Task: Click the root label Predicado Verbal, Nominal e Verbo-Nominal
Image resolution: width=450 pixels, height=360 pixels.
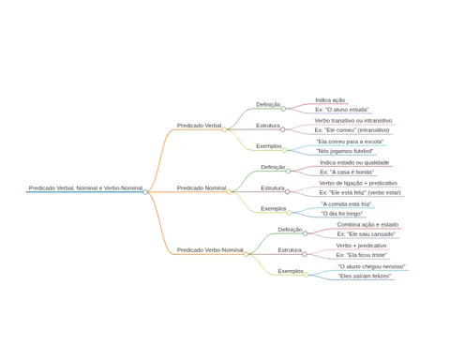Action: pyautogui.click(x=85, y=188)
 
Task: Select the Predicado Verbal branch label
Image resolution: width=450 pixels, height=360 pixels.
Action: pyautogui.click(x=199, y=126)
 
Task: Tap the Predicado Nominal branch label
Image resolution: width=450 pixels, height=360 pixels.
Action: pyautogui.click(x=202, y=188)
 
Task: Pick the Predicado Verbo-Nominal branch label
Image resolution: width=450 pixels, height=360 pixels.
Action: pyautogui.click(x=210, y=250)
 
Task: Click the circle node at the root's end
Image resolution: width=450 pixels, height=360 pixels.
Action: pyautogui.click(x=145, y=192)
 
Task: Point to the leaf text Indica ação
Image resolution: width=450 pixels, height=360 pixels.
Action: pyautogui.click(x=330, y=100)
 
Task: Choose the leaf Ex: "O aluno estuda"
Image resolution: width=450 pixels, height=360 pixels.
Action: pyautogui.click(x=342, y=110)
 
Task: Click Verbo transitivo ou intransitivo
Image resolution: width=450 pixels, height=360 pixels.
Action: pyautogui.click(x=353, y=121)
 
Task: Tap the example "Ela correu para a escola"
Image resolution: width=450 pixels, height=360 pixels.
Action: pyautogui.click(x=350, y=142)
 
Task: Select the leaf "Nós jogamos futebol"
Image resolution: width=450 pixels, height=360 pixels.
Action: pyautogui.click(x=345, y=151)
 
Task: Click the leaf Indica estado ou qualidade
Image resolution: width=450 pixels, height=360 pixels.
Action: pyautogui.click(x=354, y=162)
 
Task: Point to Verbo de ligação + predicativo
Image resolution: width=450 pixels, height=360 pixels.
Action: pyautogui.click(x=358, y=183)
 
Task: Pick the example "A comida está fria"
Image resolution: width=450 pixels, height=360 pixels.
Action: pyautogui.click(x=346, y=204)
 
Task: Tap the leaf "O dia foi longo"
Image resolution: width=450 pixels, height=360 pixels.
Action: pyautogui.click(x=342, y=214)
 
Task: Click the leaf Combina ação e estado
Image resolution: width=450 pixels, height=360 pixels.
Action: pyautogui.click(x=367, y=225)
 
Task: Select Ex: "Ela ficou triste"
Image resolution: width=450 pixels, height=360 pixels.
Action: pyautogui.click(x=362, y=255)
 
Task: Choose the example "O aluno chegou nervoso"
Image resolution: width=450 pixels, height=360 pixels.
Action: pyautogui.click(x=372, y=266)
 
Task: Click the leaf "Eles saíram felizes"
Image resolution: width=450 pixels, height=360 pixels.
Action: pyautogui.click(x=365, y=277)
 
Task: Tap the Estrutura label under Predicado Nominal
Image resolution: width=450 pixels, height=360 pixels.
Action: pyautogui.click(x=273, y=188)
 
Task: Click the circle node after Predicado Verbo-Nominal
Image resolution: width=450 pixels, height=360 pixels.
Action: pyautogui.click(x=247, y=254)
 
